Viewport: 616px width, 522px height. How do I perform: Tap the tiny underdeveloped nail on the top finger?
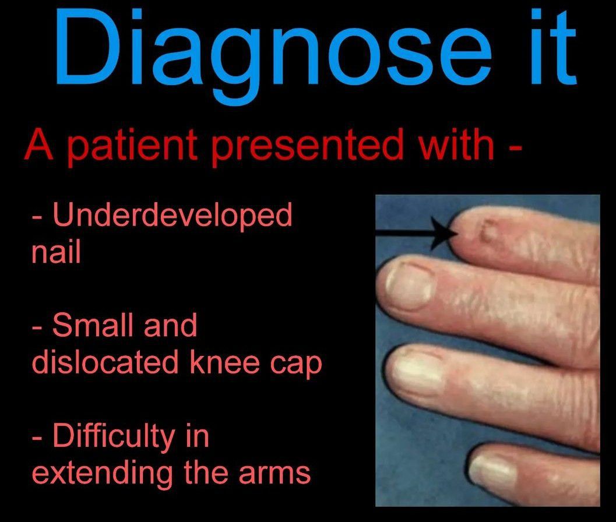pyautogui.click(x=488, y=231)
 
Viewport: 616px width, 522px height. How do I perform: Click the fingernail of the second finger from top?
pyautogui.click(x=409, y=285)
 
